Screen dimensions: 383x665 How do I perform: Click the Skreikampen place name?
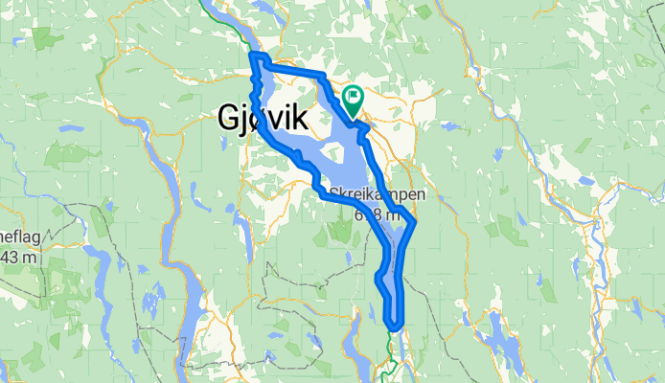click(x=377, y=193)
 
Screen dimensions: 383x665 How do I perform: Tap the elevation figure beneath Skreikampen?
click(x=377, y=213)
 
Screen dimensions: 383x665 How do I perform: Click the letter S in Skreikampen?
click(x=333, y=193)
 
